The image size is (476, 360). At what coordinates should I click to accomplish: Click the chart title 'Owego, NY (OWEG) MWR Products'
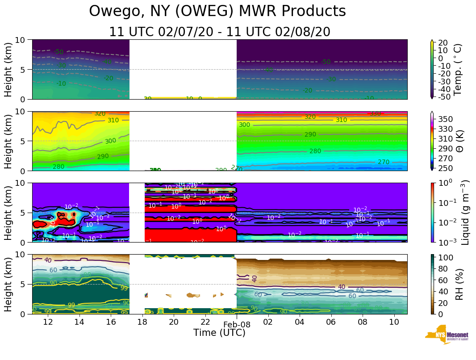(x=217, y=12)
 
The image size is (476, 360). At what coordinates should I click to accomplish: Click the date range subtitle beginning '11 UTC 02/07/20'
(x=220, y=32)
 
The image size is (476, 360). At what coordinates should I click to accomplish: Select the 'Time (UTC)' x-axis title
(x=219, y=333)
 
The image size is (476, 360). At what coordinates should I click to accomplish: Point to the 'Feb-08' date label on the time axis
(x=237, y=325)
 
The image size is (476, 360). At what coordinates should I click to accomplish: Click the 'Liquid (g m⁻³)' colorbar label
(x=465, y=212)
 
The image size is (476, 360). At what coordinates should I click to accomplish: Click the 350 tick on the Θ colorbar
(x=447, y=119)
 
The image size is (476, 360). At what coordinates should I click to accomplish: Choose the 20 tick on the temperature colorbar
(x=444, y=42)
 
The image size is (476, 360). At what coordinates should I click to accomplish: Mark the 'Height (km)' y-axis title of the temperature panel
(x=8, y=69)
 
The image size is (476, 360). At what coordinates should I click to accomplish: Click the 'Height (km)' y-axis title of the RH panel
(x=8, y=284)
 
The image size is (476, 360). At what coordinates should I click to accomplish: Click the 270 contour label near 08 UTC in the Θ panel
(x=384, y=162)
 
